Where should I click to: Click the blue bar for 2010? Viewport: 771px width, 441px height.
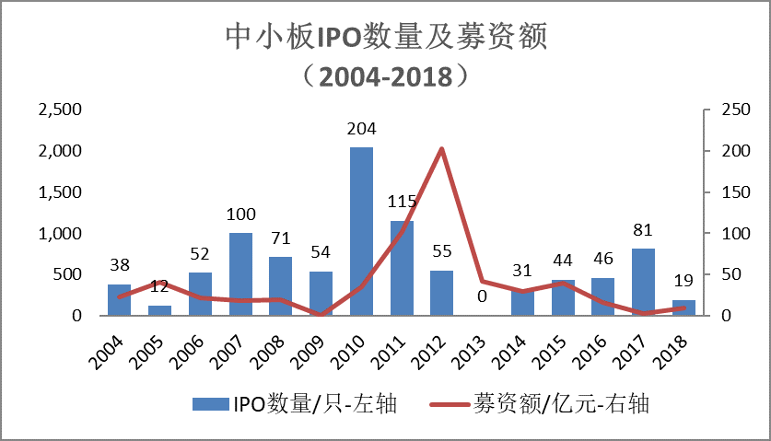tap(361, 231)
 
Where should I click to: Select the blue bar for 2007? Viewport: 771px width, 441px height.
tap(240, 273)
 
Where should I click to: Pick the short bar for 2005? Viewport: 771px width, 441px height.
tap(160, 310)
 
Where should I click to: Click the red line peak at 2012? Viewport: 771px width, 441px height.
tap(441, 148)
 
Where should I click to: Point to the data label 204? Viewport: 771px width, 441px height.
tap(361, 129)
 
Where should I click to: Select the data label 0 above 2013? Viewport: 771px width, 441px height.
tap(482, 296)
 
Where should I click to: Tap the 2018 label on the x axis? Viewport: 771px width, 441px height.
tap(676, 350)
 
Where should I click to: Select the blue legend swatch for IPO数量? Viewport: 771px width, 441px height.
tap(211, 403)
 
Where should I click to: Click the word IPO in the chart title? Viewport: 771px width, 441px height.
tap(343, 37)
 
